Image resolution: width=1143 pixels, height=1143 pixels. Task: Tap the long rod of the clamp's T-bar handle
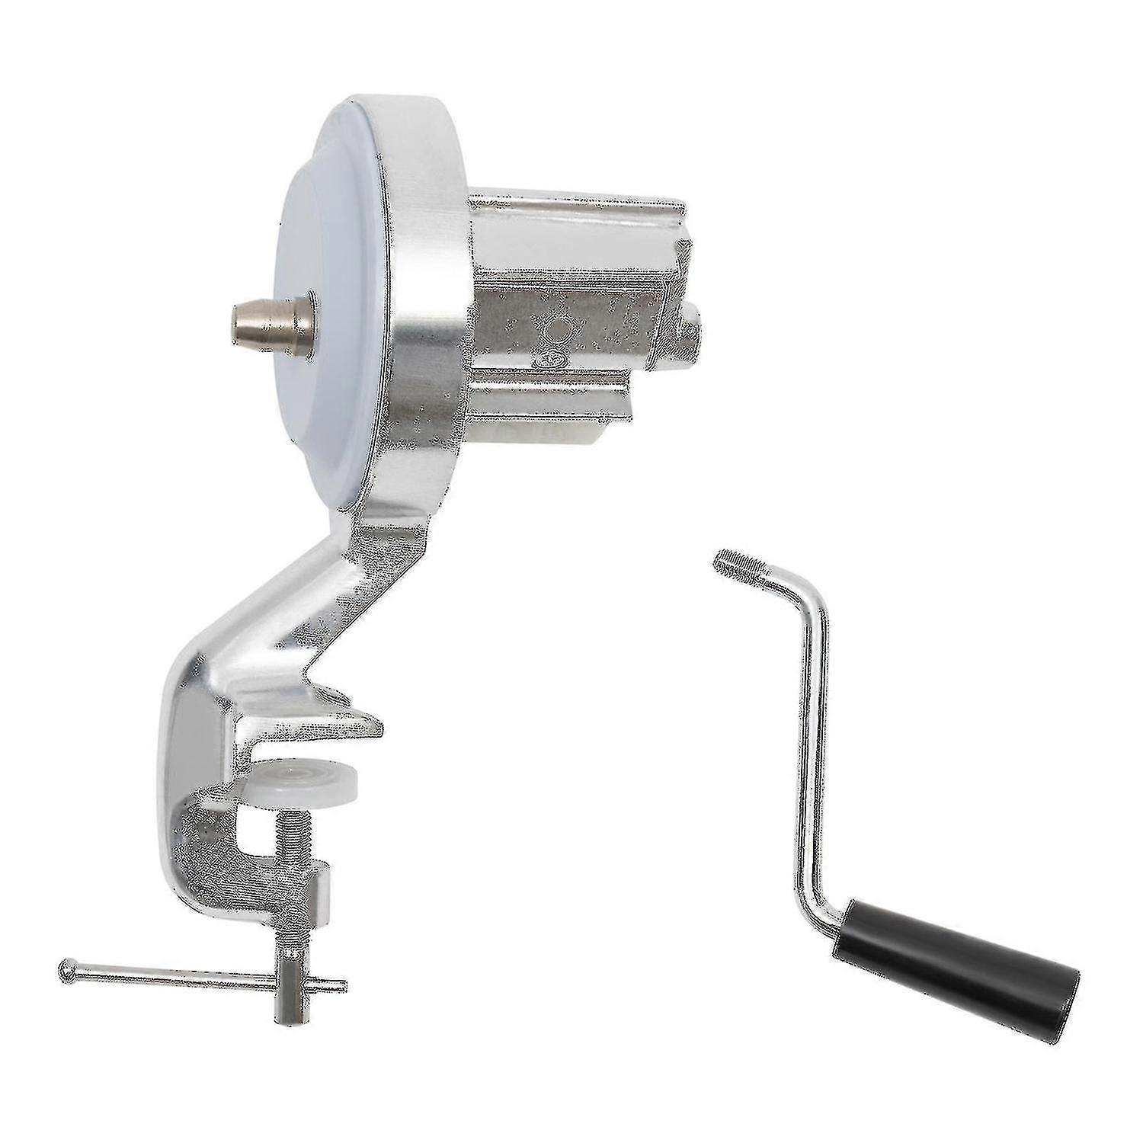click(175, 975)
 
